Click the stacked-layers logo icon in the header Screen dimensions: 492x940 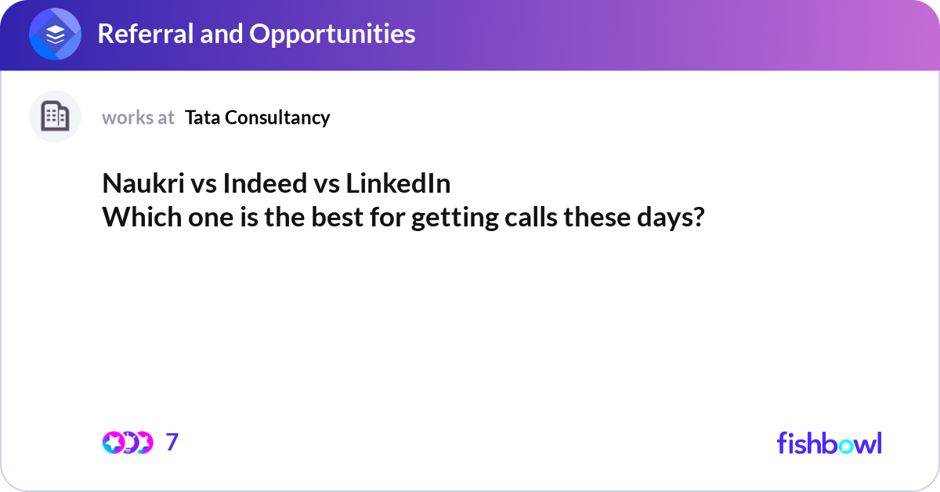point(56,34)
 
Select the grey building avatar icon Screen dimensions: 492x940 point(55,117)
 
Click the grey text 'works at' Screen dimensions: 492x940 point(138,118)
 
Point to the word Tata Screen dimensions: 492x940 point(202,118)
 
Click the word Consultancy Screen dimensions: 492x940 point(277,118)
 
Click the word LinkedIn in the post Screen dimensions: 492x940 point(398,184)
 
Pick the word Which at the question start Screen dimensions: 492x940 point(138,217)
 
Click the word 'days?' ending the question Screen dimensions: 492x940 point(671,217)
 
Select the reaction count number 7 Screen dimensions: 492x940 point(172,443)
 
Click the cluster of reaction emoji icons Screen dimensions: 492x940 point(127,443)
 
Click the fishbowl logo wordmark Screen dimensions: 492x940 point(829,443)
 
